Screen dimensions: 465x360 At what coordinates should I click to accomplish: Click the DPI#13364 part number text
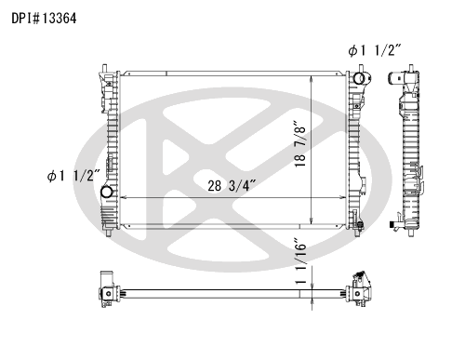(44, 19)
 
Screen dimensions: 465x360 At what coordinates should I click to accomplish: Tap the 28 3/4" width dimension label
(232, 185)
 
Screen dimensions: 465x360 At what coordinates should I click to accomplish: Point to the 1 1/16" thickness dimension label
(300, 261)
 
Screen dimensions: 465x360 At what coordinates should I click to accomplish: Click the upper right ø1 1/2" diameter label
(375, 50)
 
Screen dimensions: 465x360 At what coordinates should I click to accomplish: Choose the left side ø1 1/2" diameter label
(73, 176)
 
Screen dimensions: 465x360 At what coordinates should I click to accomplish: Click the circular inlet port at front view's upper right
(359, 78)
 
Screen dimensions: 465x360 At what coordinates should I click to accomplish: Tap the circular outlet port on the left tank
(106, 192)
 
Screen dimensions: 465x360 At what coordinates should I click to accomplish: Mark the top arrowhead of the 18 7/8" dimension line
(312, 78)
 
